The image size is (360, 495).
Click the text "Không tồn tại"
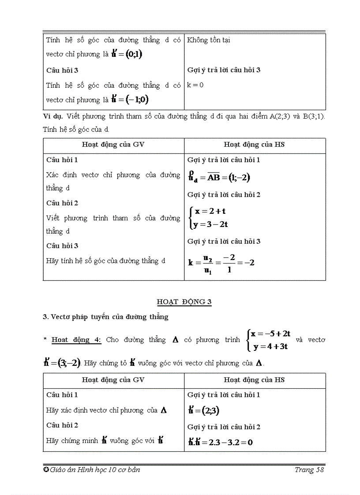[208, 40]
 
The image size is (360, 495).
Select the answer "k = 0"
[195, 85]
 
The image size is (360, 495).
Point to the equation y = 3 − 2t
[210, 224]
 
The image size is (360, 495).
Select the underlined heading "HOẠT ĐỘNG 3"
[184, 302]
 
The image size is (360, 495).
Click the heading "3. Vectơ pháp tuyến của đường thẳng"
[105, 316]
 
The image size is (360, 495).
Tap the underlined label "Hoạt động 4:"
[76, 340]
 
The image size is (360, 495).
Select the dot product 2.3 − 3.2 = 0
[220, 442]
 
